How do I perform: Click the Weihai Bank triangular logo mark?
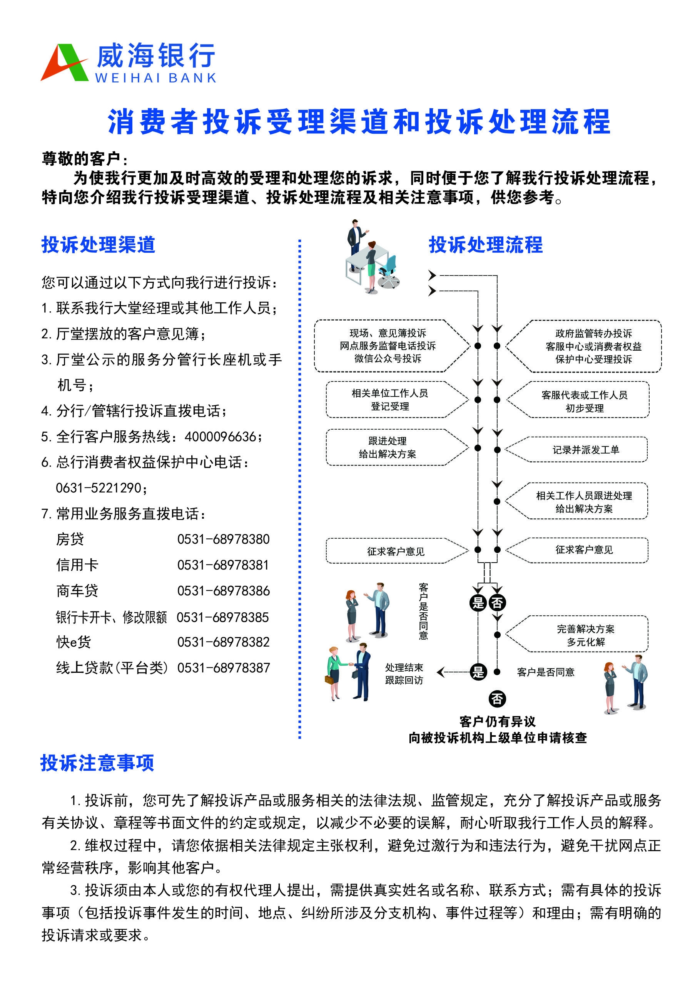pos(65,62)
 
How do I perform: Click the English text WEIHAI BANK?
pos(155,78)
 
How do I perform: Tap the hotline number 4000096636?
pos(220,437)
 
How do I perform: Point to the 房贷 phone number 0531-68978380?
pos(223,539)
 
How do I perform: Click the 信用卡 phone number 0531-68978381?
pos(223,565)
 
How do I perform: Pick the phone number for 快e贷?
pos(223,642)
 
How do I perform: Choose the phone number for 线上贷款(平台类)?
pos(223,668)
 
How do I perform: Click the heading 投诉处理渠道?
pos(98,245)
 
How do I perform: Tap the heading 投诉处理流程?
pos(486,245)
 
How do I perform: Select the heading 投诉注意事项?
pos(97,763)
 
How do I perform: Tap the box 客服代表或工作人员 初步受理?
pos(578,400)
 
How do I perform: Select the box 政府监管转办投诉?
pos(584,346)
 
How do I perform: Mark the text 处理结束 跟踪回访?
pos(404,674)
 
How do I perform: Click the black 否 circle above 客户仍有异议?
pos(497,699)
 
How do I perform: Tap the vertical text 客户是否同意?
pos(423,611)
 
